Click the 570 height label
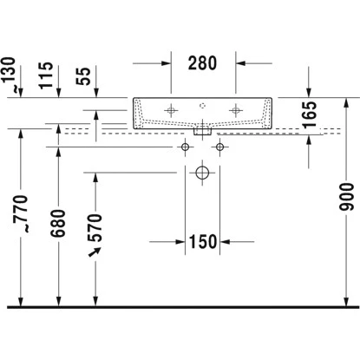(96, 227)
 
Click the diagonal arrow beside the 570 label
(95, 252)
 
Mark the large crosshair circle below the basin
(202, 173)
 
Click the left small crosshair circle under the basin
(184, 147)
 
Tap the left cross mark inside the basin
(171, 110)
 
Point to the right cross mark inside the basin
(234, 110)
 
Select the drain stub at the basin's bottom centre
(202, 131)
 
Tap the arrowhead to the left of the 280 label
(169, 63)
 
